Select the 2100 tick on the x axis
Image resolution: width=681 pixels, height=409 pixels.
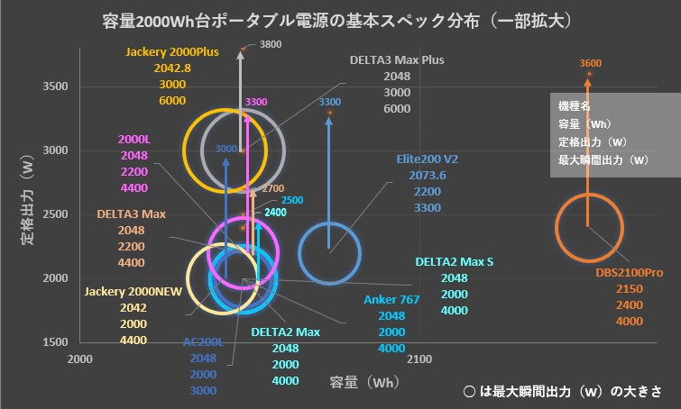(x=419, y=359)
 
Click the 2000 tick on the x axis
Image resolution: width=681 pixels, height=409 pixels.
(x=81, y=359)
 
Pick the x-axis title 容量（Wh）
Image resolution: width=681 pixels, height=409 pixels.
(x=360, y=384)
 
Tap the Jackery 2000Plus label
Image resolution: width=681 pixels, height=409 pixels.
(x=171, y=51)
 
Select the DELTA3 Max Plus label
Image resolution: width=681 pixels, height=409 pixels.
(x=397, y=60)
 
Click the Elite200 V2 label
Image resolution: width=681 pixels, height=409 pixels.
(x=428, y=159)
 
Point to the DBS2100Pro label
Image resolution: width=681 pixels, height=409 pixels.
(x=629, y=272)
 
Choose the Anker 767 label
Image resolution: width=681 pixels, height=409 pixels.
(x=391, y=300)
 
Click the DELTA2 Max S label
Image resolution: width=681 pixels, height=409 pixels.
(x=454, y=262)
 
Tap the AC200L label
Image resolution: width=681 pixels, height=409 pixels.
(x=202, y=341)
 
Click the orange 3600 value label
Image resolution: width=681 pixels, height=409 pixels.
(x=591, y=63)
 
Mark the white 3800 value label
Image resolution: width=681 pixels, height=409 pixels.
(x=271, y=44)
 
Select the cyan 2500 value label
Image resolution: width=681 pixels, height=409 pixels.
(x=292, y=199)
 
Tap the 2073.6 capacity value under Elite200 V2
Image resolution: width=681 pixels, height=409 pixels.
(x=428, y=175)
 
